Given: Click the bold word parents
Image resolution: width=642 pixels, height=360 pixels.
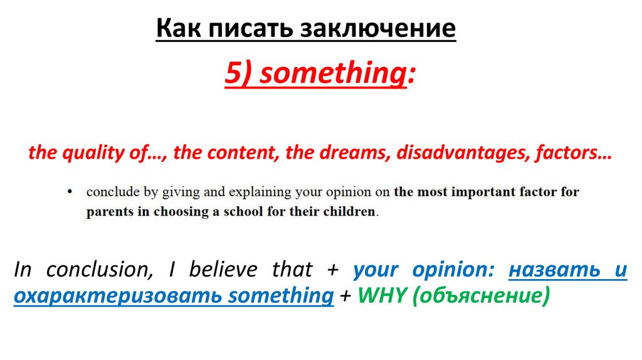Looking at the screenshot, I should point(109,211).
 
